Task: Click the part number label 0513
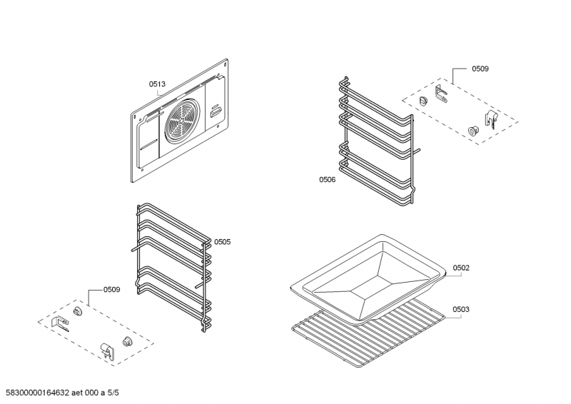[x=157, y=84]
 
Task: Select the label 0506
[x=327, y=180]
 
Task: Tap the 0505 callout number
[x=222, y=242]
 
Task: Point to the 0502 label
[x=461, y=268]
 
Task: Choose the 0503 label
[x=461, y=309]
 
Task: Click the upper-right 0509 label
[x=480, y=69]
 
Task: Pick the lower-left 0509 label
[x=111, y=289]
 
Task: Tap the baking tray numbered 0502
[x=368, y=275]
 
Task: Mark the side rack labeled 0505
[x=173, y=268]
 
